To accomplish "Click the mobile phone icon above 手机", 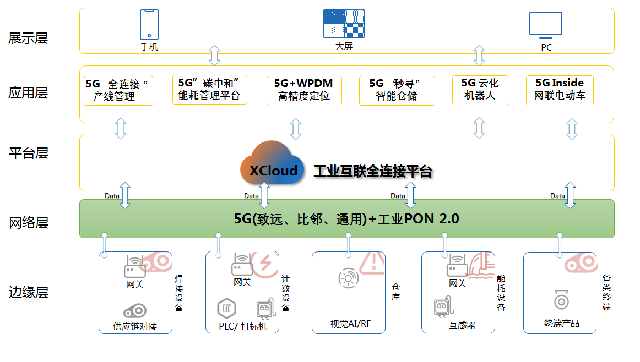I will tap(149, 24).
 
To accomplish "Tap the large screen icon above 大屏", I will tap(344, 23).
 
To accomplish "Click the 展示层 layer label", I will tap(28, 38).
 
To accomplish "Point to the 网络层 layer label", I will tap(28, 223).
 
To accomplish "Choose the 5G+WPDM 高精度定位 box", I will tap(303, 90).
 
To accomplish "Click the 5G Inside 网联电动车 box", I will tap(559, 90).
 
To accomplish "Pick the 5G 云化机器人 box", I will tap(479, 90).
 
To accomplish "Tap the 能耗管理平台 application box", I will tap(209, 90).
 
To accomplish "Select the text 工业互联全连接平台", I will tap(372, 171).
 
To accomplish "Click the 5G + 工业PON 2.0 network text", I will tap(346, 219).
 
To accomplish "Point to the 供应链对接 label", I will tap(135, 326).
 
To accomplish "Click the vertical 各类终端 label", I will tap(606, 292).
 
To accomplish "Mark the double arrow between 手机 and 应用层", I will tap(214, 56).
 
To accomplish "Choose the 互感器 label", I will tap(462, 325).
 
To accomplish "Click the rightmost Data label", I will tap(557, 195).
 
